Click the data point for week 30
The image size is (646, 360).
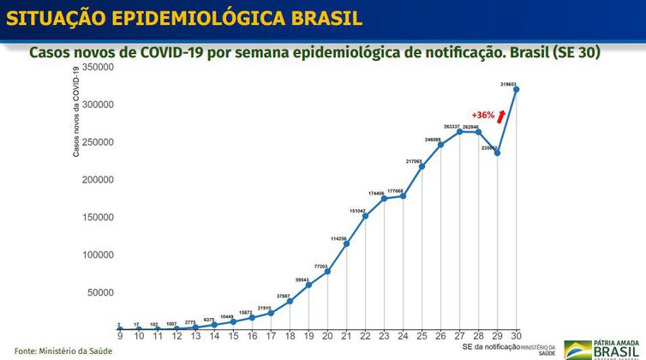[517, 89]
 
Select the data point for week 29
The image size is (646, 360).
[497, 153]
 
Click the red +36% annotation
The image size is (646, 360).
[483, 115]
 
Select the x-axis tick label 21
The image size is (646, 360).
[346, 336]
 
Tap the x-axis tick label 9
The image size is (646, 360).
[120, 336]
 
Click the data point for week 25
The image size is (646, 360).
[422, 166]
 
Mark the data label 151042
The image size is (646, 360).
[356, 211]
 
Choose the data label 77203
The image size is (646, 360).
[321, 267]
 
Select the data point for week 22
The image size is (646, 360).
[365, 216]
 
